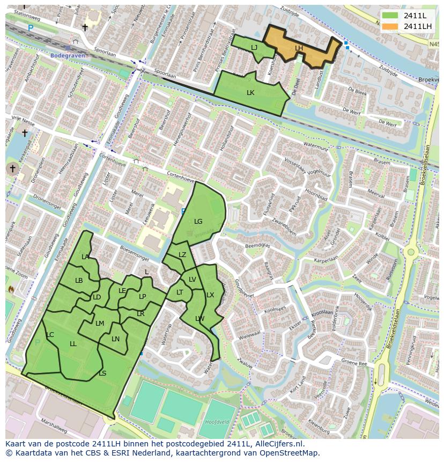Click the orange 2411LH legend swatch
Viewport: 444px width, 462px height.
pos(390,26)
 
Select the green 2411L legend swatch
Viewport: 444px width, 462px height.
pos(390,16)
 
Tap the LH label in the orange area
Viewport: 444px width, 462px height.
pos(299,48)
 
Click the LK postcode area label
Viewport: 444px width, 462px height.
pos(250,92)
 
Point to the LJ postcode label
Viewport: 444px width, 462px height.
pos(254,48)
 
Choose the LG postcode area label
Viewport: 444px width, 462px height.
pos(198,221)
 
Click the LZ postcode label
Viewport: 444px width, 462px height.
pos(182,254)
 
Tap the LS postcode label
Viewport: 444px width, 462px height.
pos(102,373)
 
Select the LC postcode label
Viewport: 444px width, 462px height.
pos(50,334)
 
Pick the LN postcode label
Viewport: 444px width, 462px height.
pos(115,339)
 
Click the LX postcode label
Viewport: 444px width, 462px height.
pos(210,295)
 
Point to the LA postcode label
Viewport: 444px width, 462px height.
pos(85,256)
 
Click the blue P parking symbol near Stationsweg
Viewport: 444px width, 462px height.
pos(31,28)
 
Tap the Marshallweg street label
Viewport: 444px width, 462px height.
pos(54,427)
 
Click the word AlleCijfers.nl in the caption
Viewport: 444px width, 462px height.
pos(277,444)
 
